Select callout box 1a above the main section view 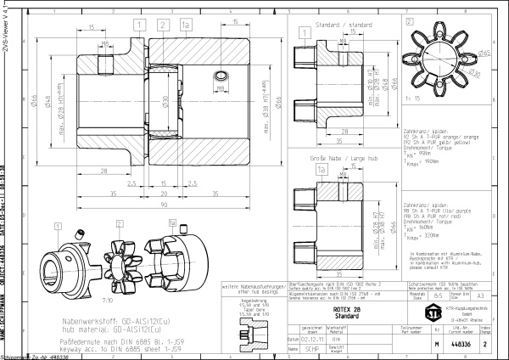pyautogui.click(x=185, y=26)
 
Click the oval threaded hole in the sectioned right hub pyautogui.click(x=219, y=77)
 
